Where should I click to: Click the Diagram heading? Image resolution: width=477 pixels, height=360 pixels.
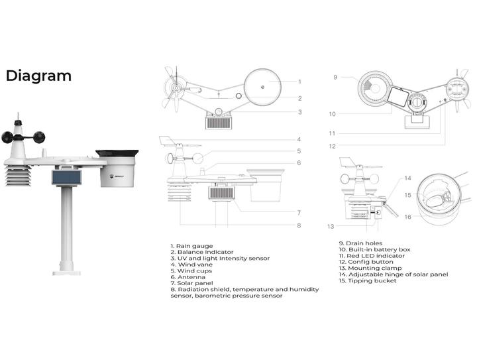(x=38, y=76)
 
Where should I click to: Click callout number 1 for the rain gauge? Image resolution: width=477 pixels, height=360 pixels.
(x=299, y=82)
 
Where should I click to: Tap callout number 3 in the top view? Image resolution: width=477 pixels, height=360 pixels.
(x=299, y=112)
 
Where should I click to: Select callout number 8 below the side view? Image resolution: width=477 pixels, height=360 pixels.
(x=299, y=225)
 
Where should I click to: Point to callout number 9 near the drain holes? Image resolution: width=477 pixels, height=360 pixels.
(x=335, y=78)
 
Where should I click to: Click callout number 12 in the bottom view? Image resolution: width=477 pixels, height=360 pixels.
(x=333, y=146)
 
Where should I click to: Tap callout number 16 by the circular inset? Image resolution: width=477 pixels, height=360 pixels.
(x=408, y=217)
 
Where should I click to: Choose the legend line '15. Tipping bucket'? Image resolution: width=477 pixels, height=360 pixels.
(x=368, y=280)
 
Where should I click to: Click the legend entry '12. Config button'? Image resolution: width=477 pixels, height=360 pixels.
(x=366, y=262)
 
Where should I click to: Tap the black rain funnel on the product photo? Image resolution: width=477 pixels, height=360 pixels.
(x=118, y=154)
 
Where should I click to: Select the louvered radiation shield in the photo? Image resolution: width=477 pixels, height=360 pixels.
(x=20, y=176)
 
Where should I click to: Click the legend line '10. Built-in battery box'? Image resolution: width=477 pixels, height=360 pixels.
(x=374, y=249)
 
